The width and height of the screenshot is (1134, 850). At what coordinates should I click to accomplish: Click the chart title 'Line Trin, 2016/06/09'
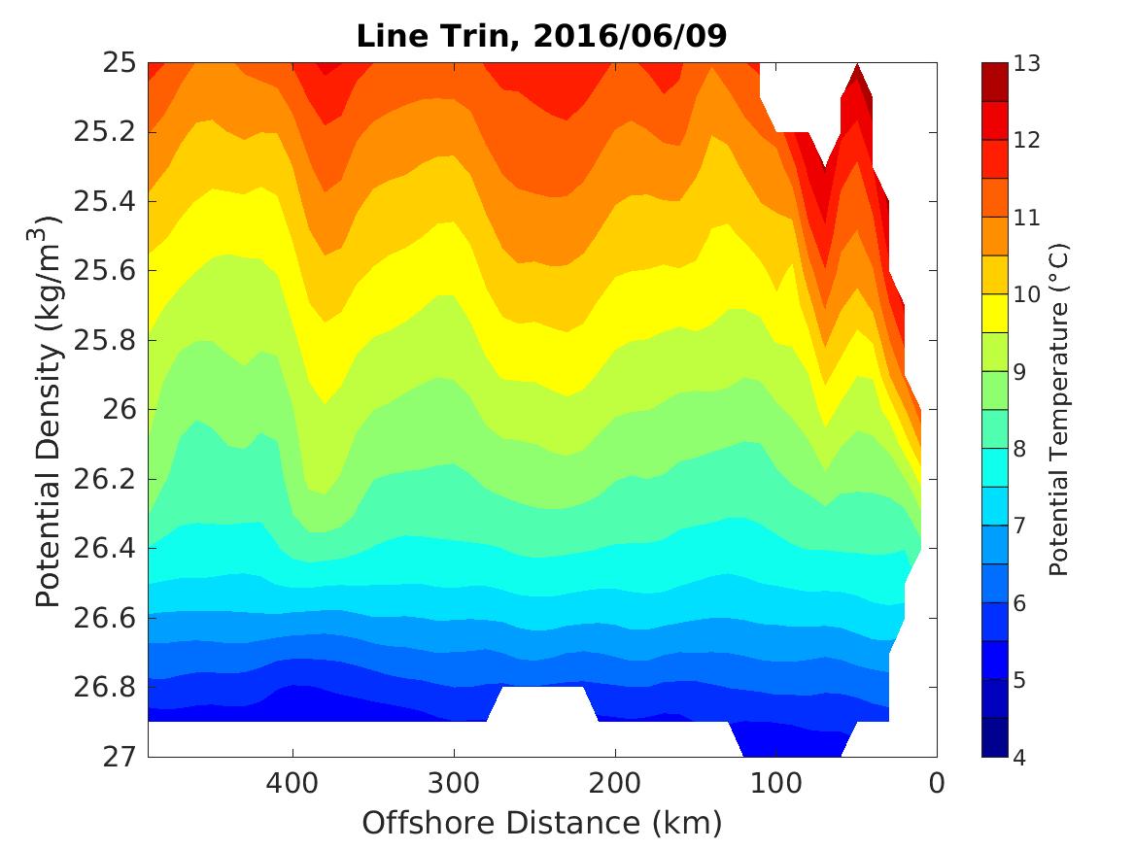coord(541,35)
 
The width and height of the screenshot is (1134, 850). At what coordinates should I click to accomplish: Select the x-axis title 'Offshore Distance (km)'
coord(541,824)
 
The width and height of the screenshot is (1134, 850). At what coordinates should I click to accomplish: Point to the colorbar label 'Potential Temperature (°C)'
coord(1058,409)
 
